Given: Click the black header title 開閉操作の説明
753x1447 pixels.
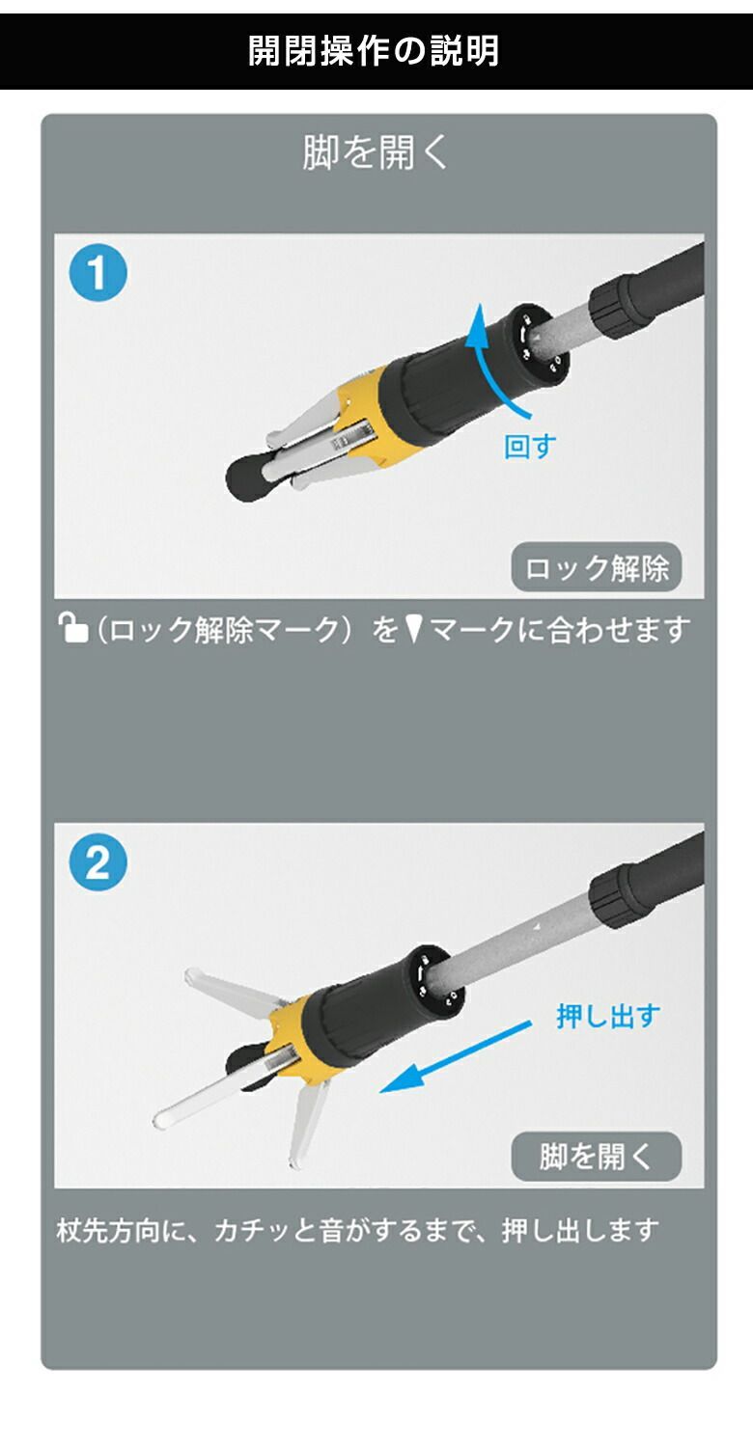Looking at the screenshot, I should (375, 51).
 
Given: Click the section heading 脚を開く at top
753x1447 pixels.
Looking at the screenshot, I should (376, 153).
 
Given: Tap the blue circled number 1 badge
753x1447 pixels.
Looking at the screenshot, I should (98, 273).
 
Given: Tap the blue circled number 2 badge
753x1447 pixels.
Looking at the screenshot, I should (98, 863).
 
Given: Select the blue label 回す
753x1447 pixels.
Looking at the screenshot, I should (530, 448).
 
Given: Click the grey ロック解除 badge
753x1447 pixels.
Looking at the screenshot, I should (596, 568).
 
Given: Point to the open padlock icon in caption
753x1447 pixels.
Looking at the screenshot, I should (73, 630).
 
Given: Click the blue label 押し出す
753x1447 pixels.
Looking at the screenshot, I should (608, 1016).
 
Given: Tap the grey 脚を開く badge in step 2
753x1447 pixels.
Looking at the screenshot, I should (596, 1157).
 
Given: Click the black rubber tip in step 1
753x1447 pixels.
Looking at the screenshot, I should (245, 476).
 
